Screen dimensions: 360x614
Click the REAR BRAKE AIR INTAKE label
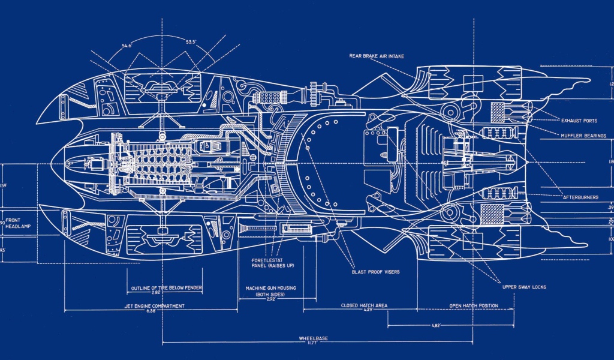click(377, 56)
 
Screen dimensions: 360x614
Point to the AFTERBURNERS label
click(581, 197)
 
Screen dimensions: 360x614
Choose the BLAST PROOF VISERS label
click(376, 272)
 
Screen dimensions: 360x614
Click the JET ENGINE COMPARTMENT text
click(150, 305)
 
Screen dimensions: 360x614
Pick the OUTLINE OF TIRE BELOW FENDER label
click(167, 288)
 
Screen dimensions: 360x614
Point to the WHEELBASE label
click(313, 338)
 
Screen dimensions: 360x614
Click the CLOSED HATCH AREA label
click(364, 305)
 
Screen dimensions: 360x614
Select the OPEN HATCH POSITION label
click(474, 305)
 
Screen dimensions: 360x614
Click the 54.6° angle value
click(127, 45)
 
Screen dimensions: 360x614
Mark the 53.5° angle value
click(191, 42)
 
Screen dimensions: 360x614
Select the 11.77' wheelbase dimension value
click(313, 344)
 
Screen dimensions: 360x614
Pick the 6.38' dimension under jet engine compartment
click(150, 311)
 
